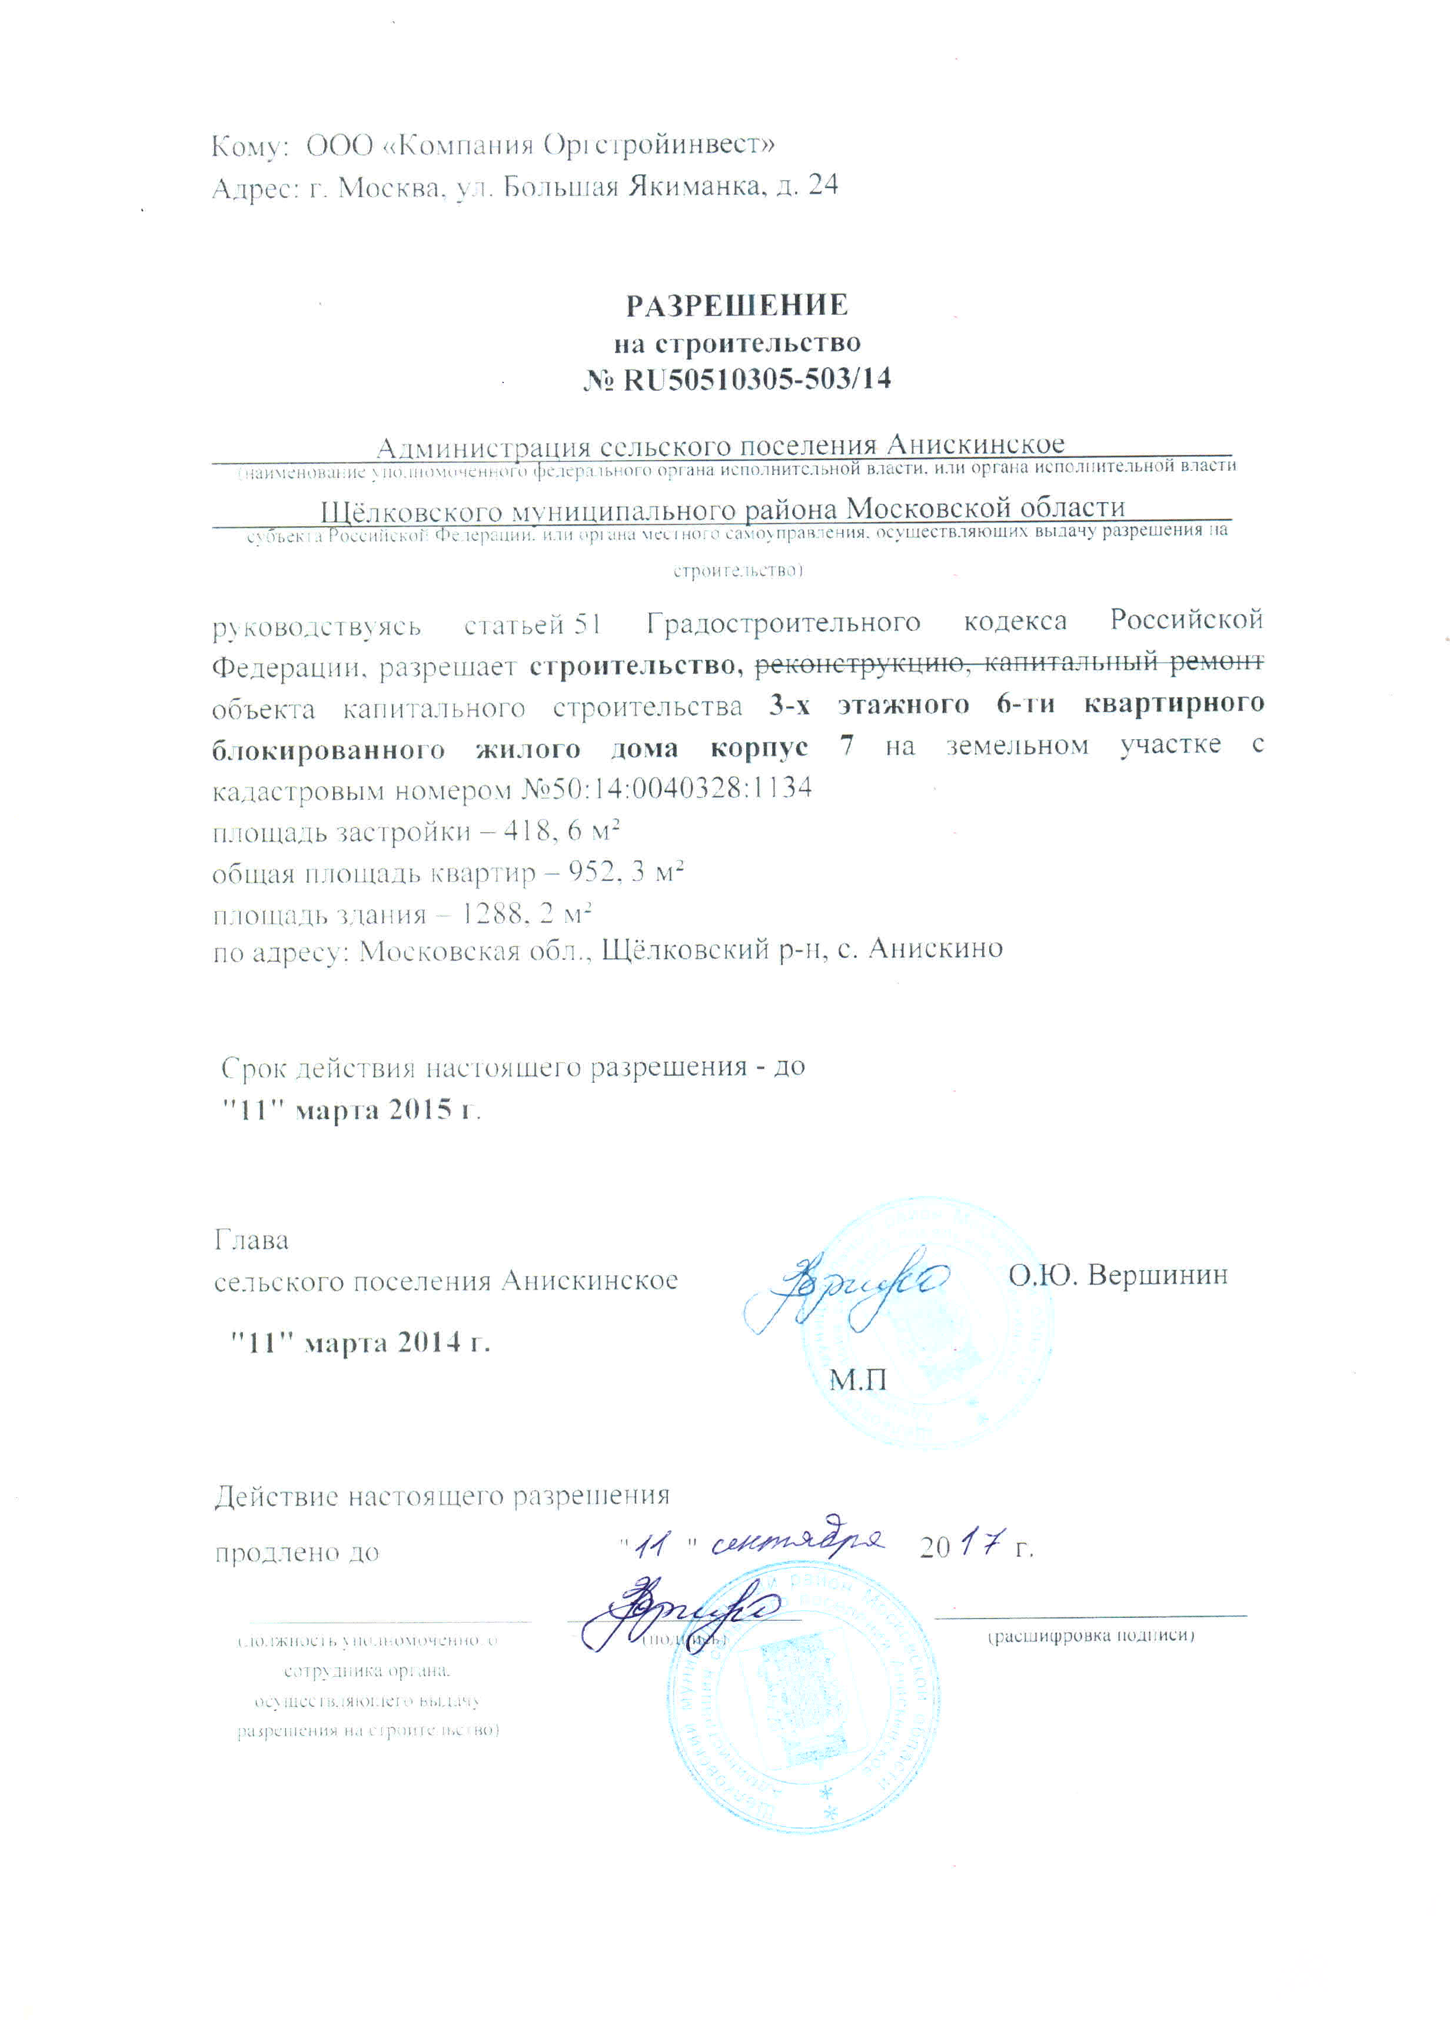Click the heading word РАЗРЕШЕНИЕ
(x=737, y=305)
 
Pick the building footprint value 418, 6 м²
(x=561, y=830)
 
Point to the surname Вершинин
(x=1158, y=1275)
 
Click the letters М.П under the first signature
(x=858, y=1380)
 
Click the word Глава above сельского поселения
(x=252, y=1240)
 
